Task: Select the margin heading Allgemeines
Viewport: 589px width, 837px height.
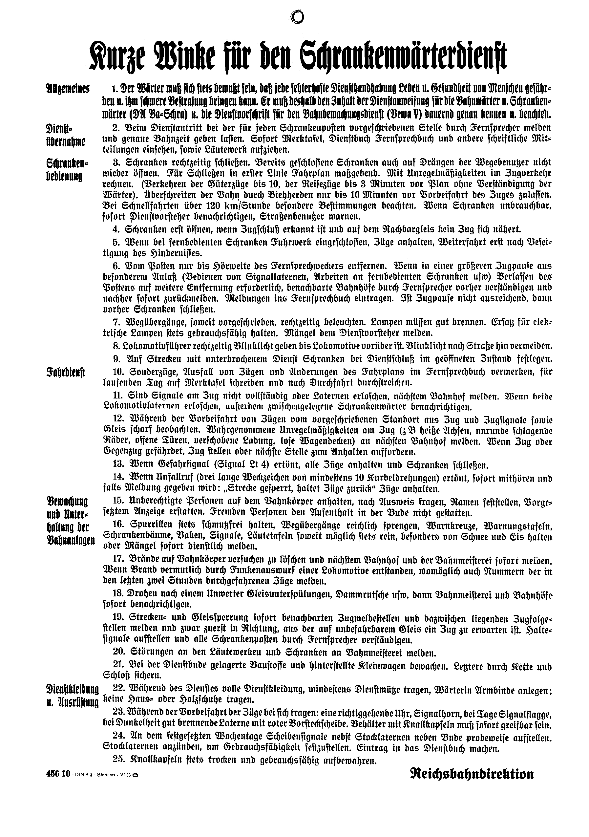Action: click(x=68, y=89)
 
